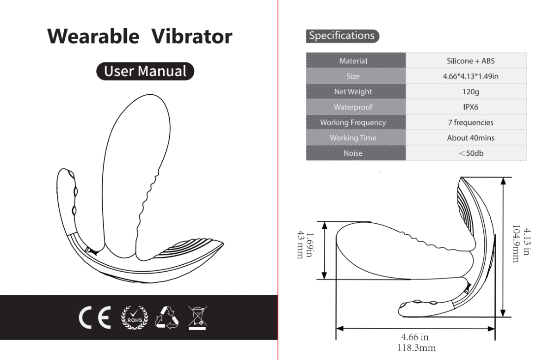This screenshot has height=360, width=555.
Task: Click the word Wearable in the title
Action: (93, 37)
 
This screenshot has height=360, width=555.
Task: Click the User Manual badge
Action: (145, 71)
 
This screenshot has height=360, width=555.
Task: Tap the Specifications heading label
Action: (342, 36)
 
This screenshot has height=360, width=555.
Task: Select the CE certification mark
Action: (95, 317)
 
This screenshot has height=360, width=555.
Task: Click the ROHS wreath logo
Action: (135, 317)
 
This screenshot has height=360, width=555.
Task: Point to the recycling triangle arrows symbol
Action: (167, 317)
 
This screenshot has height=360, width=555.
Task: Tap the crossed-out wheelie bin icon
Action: (197, 318)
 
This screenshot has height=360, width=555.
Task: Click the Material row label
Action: (353, 61)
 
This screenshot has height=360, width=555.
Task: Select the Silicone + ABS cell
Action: (470, 61)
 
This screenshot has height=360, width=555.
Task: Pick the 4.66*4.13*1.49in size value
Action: (470, 76)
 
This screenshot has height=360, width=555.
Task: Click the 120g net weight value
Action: (470, 92)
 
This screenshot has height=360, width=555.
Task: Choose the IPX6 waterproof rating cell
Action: (470, 107)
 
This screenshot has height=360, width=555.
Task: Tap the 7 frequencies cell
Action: (470, 122)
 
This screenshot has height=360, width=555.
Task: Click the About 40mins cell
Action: (470, 138)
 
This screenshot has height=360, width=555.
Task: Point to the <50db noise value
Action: (470, 153)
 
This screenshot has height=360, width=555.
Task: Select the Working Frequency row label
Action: (353, 122)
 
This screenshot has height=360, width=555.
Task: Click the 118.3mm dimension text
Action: (417, 348)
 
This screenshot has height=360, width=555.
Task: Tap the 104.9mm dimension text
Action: (516, 244)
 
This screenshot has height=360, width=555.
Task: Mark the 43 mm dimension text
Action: (300, 244)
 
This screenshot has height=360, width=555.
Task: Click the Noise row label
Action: (353, 153)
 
